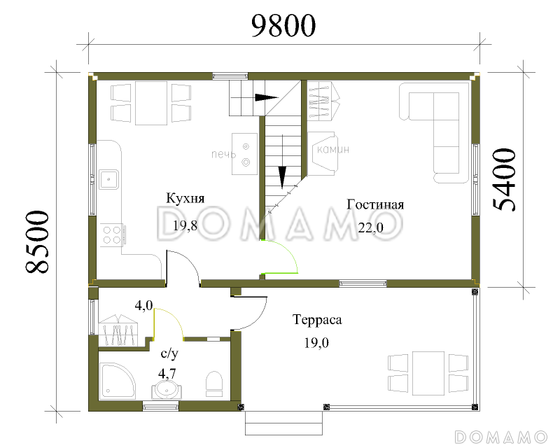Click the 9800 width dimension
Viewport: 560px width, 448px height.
[x=283, y=26]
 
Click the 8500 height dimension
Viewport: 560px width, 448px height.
[x=37, y=241]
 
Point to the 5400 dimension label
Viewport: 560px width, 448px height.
[x=504, y=180]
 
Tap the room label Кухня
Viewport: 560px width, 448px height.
[x=185, y=198]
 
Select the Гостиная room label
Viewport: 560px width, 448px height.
[x=375, y=204]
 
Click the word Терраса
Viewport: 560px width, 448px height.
[x=317, y=320]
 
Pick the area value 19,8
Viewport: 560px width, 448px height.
[x=185, y=226]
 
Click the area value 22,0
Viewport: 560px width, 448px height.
[x=371, y=227]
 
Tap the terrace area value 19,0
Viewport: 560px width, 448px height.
[x=316, y=343]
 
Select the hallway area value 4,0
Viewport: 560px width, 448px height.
[x=143, y=305]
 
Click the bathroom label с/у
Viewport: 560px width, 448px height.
[x=169, y=353]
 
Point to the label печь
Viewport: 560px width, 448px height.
[x=223, y=154]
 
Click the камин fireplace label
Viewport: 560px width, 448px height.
[x=333, y=149]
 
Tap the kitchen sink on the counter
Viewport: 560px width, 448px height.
[x=109, y=179]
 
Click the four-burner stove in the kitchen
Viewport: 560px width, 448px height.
[x=112, y=234]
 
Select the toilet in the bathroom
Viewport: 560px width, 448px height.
[x=214, y=384]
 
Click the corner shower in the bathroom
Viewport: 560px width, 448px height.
[x=117, y=381]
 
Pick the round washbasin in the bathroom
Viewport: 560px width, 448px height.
[x=167, y=390]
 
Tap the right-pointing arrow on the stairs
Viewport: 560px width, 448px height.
[x=267, y=97]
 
